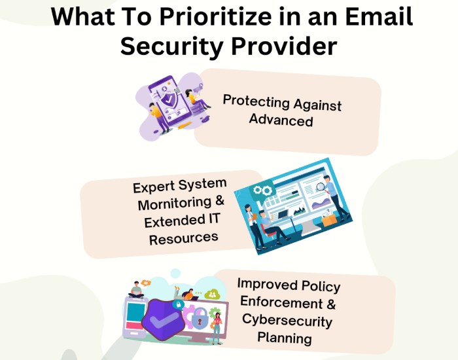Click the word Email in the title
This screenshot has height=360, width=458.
[x=379, y=16]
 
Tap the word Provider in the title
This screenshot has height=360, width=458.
[x=284, y=46]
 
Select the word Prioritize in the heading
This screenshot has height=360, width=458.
[x=215, y=16]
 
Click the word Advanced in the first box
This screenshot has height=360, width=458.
[x=281, y=120]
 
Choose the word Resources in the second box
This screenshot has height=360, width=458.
[x=184, y=238]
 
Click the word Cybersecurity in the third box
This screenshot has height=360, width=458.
[x=287, y=321]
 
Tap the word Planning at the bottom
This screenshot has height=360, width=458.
[x=285, y=338]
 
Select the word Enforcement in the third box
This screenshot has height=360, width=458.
[x=281, y=302]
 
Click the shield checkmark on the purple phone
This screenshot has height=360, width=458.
[x=169, y=100]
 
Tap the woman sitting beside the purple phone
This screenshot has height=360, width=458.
[x=196, y=99]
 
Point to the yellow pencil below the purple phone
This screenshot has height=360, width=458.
[x=185, y=126]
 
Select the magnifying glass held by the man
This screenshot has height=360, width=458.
[x=320, y=187]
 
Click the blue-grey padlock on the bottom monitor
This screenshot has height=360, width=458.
[x=200, y=319]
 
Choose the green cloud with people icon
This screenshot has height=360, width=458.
[x=213, y=293]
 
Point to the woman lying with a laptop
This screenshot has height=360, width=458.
[x=185, y=294]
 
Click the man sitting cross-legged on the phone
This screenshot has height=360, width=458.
[x=136, y=290]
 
